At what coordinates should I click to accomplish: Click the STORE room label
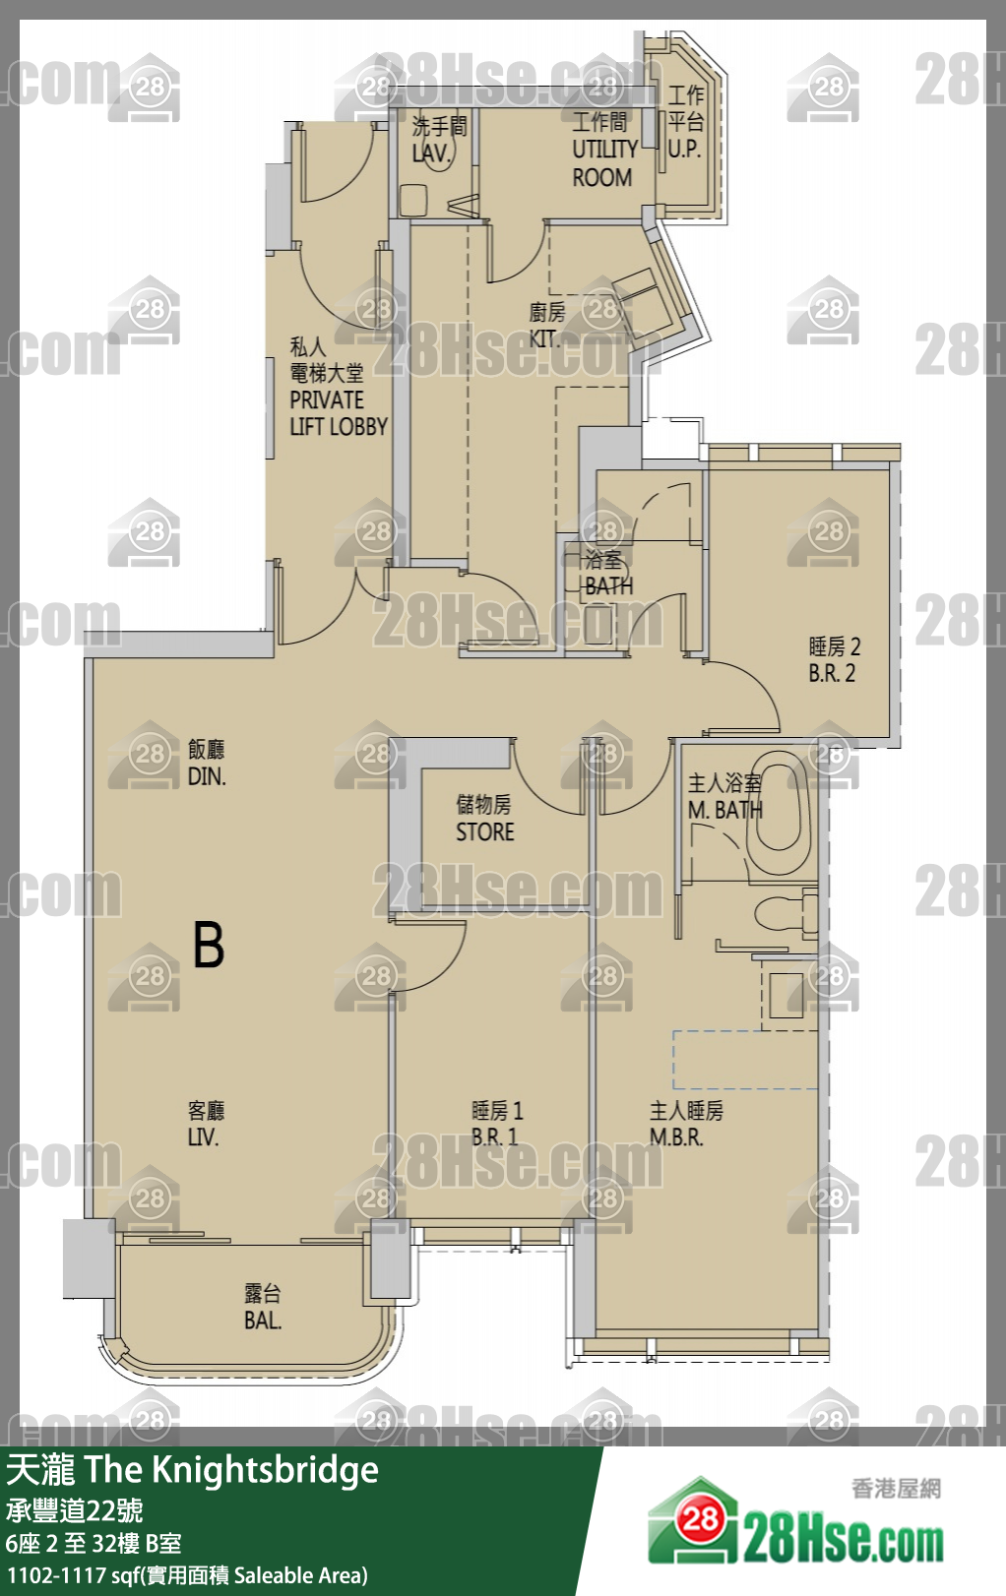[485, 832]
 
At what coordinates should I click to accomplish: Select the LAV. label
[431, 153]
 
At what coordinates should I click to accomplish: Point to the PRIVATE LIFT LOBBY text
[338, 413]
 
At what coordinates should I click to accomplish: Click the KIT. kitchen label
[544, 338]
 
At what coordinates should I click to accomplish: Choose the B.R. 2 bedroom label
[832, 673]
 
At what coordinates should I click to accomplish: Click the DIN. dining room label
[207, 776]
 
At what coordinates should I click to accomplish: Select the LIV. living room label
[203, 1137]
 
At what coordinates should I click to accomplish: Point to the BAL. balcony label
[263, 1320]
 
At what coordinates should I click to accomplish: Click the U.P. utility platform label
[684, 150]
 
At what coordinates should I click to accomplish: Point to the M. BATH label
[725, 810]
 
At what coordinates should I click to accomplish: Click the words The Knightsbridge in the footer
[231, 1469]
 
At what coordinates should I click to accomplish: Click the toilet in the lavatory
[412, 200]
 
